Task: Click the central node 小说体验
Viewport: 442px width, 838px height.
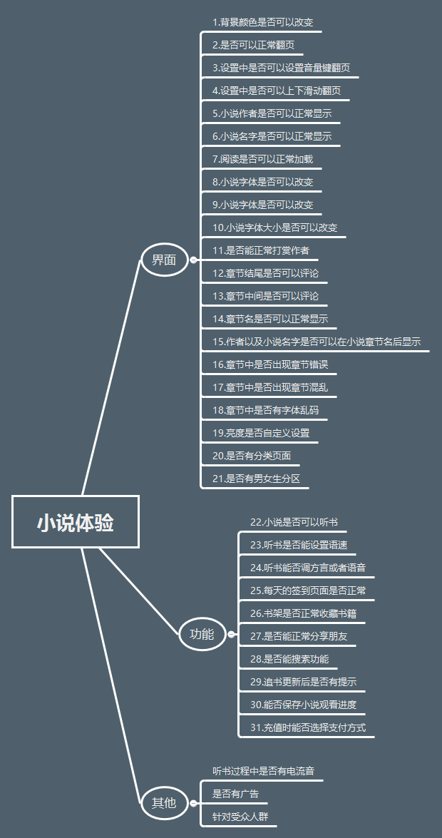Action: (76, 523)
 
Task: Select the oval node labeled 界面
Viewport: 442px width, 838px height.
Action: (164, 260)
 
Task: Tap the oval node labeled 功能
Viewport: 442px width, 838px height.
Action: (202, 633)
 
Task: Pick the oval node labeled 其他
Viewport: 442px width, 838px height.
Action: (164, 802)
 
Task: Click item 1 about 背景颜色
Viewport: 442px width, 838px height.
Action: (262, 22)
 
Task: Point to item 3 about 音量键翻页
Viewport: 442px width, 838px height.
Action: (281, 68)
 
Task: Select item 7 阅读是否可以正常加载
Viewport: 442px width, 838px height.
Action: (262, 159)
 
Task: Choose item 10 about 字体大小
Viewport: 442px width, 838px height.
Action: (274, 228)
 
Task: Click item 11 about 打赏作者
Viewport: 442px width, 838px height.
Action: (260, 251)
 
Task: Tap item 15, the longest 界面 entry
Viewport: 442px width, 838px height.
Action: (316, 342)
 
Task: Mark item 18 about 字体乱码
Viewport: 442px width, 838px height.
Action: (265, 411)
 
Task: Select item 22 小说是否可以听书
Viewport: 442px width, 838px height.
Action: (294, 522)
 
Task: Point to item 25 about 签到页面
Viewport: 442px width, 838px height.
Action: (307, 591)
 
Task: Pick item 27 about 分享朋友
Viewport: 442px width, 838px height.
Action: (299, 636)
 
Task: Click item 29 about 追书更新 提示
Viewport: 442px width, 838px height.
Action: (303, 682)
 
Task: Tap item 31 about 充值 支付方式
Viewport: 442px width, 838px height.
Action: (308, 727)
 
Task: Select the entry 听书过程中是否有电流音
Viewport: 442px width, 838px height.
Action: (263, 771)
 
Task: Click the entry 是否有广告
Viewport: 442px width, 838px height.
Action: (235, 794)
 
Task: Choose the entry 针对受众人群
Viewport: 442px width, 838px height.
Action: (240, 817)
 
